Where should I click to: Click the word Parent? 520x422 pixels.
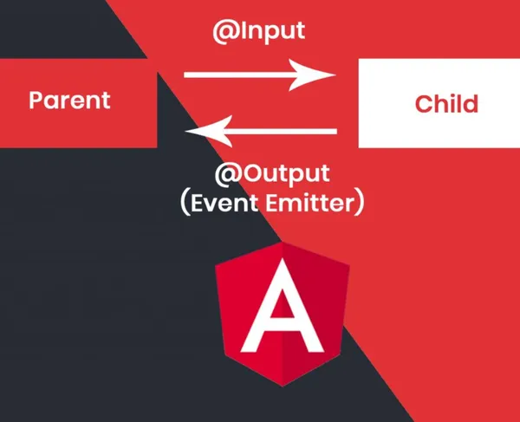69,101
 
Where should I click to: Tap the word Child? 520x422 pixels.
446,103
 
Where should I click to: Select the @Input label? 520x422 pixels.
258,31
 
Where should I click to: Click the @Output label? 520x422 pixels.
272,173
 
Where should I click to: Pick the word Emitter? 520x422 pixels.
310,203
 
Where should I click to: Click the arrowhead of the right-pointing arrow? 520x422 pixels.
312,75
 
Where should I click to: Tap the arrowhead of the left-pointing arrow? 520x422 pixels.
209,131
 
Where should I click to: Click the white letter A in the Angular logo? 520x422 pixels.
283,305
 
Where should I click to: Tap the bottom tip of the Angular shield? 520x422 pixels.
283,386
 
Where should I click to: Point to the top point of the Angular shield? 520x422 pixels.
283,243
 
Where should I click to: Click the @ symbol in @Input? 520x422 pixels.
224,32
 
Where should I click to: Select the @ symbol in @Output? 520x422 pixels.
227,175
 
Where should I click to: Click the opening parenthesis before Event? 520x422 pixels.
185,203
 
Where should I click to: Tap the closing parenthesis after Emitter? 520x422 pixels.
361,203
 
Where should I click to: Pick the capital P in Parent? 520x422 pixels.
35,101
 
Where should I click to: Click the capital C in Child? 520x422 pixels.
423,104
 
